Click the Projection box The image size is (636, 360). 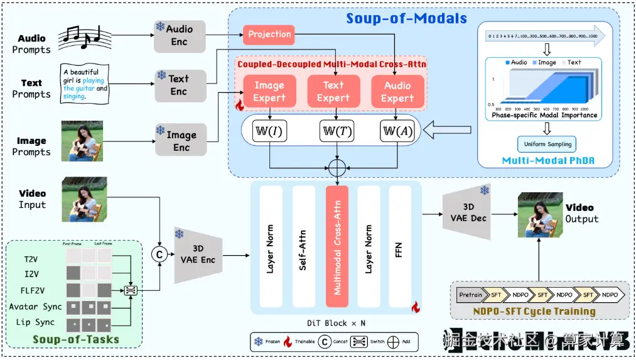[269, 35]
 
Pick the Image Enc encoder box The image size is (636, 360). [181, 141]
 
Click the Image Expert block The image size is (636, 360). [269, 92]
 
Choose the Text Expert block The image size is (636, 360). [333, 92]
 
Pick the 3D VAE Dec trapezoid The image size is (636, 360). [466, 214]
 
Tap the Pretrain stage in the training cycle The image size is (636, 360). [470, 295]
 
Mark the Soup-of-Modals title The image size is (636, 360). [407, 18]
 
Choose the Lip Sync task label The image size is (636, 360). [31, 322]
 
